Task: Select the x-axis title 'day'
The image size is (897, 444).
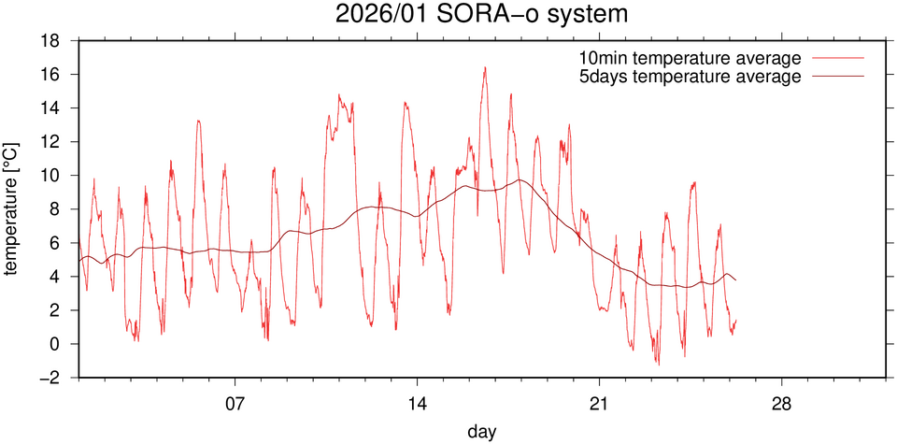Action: click(x=481, y=431)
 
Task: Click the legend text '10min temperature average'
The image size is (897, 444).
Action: click(x=691, y=59)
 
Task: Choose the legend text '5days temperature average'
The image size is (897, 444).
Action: click(x=691, y=77)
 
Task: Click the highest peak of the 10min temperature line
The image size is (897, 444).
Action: click(x=485, y=67)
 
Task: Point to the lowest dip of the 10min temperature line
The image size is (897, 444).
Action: click(x=658, y=364)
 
